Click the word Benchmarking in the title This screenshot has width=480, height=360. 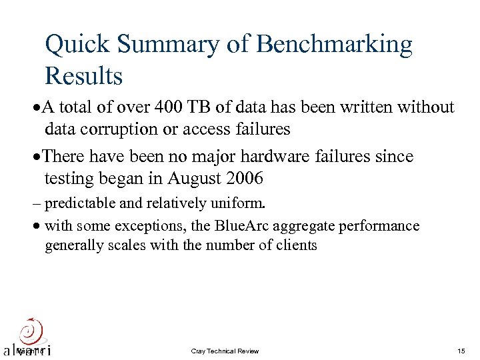335,45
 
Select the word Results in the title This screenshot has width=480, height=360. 83,76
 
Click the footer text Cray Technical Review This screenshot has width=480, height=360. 225,351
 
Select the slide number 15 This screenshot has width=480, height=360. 461,351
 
